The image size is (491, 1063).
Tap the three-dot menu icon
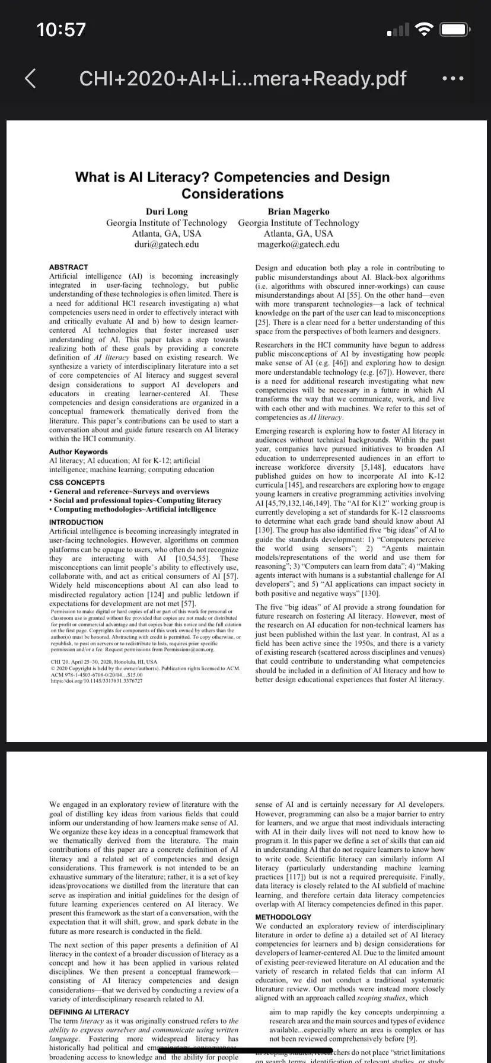453,78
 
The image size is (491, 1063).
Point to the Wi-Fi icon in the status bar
424,29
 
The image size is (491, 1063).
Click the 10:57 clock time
61,29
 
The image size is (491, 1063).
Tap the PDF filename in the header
243,78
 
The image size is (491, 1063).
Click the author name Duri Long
167,212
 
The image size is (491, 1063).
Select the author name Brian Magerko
298,212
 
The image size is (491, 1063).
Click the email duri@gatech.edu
167,244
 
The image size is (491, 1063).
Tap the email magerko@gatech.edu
298,244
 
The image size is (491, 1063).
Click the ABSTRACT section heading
68,267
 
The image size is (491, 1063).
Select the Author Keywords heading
78,451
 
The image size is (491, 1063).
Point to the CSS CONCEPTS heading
77,482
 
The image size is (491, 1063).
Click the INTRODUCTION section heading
76,522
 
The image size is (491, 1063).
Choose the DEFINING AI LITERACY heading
89,1012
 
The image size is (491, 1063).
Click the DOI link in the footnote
97,680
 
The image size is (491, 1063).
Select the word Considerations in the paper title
232,194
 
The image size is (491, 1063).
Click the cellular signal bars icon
398,30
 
